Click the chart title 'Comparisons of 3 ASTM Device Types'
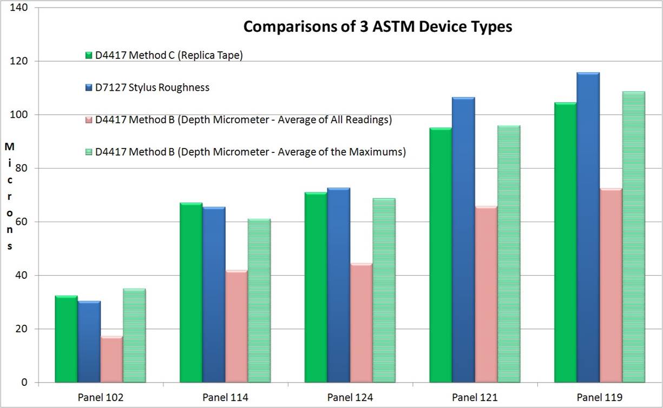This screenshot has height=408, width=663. [x=377, y=26]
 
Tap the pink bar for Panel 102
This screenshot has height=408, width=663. [x=111, y=359]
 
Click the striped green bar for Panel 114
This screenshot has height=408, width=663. [x=259, y=300]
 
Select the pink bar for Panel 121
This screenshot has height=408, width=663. [x=486, y=294]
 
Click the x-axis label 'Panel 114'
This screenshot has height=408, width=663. [x=225, y=398]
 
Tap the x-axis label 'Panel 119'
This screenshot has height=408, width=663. [x=599, y=398]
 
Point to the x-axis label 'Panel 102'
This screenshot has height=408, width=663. [x=101, y=398]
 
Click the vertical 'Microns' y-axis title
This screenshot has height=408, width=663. [x=10, y=196]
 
